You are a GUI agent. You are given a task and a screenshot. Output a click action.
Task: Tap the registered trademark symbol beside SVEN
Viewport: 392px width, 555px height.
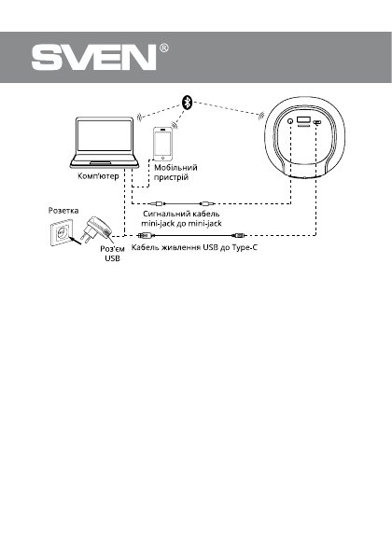point(164,49)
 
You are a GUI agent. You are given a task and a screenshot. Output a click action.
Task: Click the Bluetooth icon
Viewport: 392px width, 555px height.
point(186,104)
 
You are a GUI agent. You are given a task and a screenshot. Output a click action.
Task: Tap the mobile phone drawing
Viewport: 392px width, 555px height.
point(164,146)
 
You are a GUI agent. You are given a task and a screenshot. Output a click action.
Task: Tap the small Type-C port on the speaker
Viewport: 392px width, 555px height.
point(318,123)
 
